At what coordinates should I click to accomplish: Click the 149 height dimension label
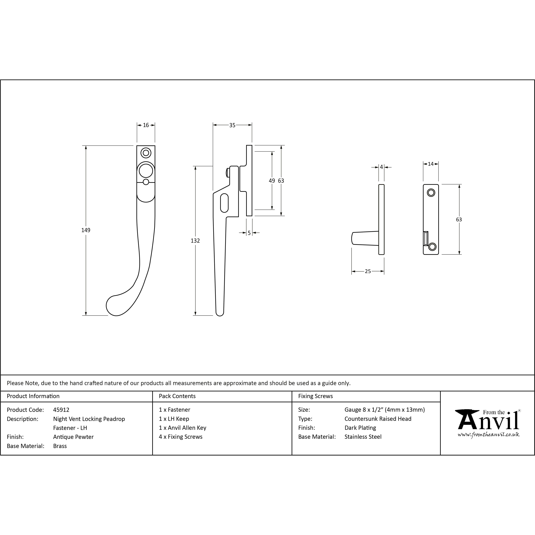coord(86,230)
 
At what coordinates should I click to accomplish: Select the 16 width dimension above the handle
coord(146,125)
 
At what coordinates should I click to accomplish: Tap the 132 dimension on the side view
coord(195,241)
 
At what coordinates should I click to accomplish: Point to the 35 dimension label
coord(232,125)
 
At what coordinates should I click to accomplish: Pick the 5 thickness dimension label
coord(249,233)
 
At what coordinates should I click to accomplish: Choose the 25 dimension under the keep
coord(368,271)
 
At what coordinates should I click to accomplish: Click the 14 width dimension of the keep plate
coord(431,164)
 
